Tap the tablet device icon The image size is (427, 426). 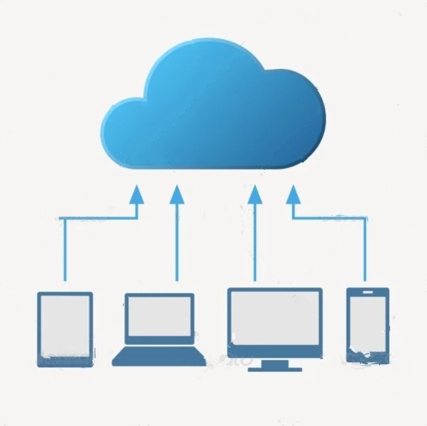click(65, 329)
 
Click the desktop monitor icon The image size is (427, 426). click(275, 326)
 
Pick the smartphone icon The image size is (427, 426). click(367, 325)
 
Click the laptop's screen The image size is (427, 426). click(159, 316)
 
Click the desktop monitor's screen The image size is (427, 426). click(275, 318)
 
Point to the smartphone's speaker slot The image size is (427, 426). click(368, 292)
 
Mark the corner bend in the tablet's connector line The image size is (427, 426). click(65, 218)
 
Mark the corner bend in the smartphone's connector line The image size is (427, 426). click(365, 218)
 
